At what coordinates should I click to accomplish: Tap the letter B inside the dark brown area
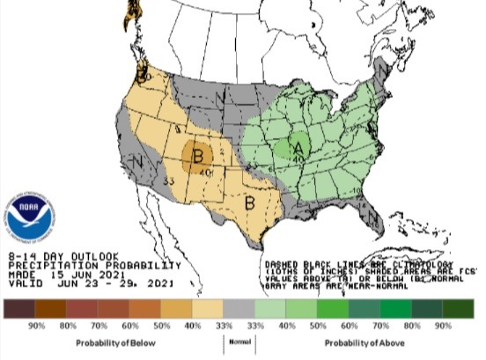[199, 158]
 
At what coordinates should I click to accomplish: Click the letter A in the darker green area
[298, 147]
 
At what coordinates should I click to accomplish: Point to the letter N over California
[137, 163]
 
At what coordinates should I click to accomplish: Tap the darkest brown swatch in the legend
[18, 308]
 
